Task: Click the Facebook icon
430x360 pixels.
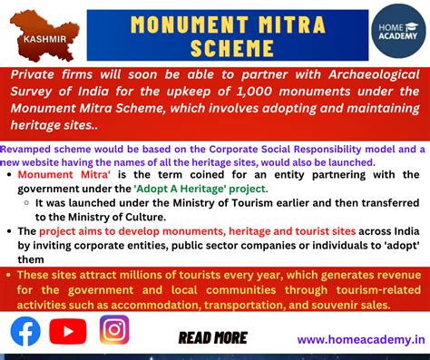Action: coord(25,331)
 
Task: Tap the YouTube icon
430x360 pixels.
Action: coord(68,331)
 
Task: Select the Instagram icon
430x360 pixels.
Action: coord(114,329)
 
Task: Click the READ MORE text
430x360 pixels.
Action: coord(212,337)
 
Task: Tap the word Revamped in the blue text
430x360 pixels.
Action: coord(24,148)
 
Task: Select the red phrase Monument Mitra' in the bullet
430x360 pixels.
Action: coord(61,174)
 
